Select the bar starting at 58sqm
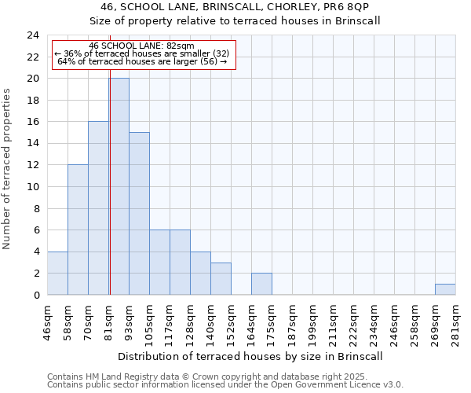click(78, 230)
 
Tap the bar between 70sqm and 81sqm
click(98, 208)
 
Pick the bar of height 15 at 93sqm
click(139, 214)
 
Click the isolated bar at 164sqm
click(261, 284)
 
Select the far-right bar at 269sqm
click(445, 289)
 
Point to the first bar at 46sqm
click(57, 274)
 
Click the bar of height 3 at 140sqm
click(221, 279)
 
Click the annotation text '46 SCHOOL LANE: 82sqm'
click(142, 46)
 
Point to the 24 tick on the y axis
click(33, 35)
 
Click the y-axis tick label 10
click(33, 187)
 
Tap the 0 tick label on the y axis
click(35, 296)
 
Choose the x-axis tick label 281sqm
click(456, 323)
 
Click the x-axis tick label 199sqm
click(313, 323)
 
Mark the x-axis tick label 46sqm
click(48, 323)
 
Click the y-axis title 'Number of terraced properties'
click(8, 169)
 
